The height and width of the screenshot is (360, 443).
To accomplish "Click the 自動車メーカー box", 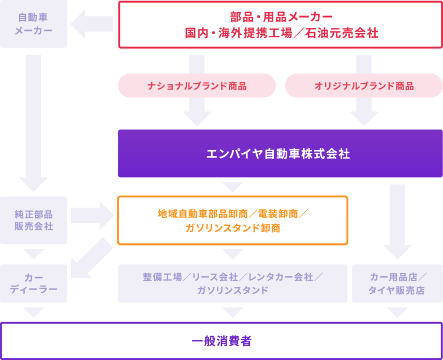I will click(x=34, y=24).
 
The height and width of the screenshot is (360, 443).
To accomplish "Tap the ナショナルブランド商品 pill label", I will click(x=197, y=86).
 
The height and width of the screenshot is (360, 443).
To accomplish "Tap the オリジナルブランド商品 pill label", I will click(x=364, y=86).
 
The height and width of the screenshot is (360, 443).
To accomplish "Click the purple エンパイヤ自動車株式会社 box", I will click(x=280, y=154).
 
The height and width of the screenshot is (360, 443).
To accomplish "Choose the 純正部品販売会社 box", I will click(x=34, y=220).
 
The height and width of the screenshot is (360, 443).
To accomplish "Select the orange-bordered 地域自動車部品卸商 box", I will click(x=232, y=220).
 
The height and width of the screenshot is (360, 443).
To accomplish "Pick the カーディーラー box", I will click(x=34, y=283).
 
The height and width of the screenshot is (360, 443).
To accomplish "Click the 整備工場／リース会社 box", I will click(x=232, y=283).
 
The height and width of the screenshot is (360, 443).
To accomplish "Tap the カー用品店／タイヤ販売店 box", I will click(x=397, y=283).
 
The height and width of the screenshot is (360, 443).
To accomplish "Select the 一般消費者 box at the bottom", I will click(x=222, y=341).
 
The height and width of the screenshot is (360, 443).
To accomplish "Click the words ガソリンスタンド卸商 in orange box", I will click(x=232, y=228).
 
